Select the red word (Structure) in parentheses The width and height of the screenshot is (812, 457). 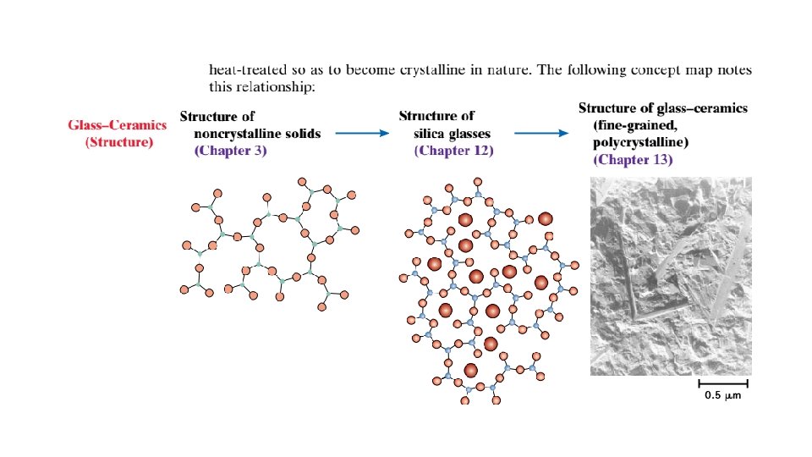[x=119, y=142]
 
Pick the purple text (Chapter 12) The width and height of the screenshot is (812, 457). [x=453, y=151]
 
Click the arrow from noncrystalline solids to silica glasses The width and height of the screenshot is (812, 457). [x=362, y=133]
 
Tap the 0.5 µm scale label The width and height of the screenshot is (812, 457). [x=723, y=396]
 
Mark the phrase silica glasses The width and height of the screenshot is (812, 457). [x=453, y=134]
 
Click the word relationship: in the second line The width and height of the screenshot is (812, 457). [x=276, y=86]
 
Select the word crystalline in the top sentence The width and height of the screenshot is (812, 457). [x=443, y=69]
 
